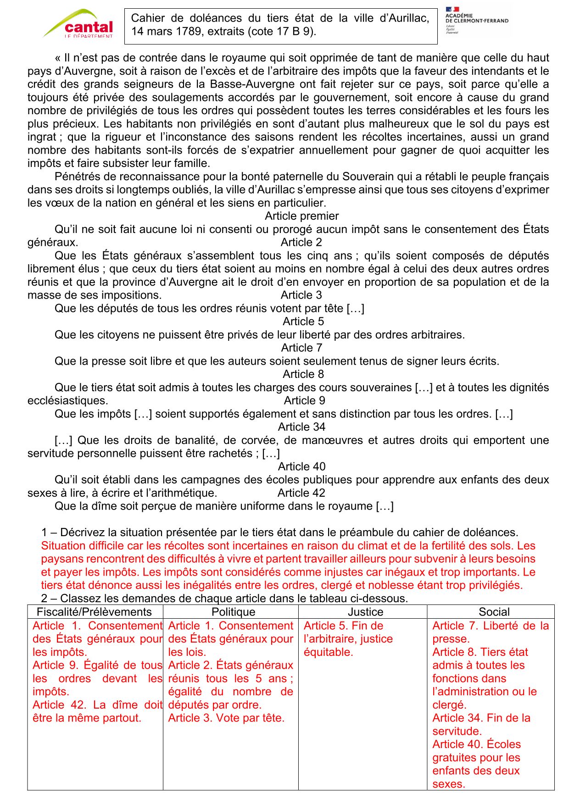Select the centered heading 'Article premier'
pos(301,216)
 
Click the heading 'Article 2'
pos(301,242)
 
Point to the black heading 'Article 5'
pos(303,322)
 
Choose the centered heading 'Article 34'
pos(301,427)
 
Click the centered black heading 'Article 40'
pos(301,466)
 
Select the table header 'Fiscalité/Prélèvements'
pos(94,612)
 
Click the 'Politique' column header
pos(233,612)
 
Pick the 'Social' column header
pos(494,612)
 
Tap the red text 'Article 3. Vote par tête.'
pos(226,718)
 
